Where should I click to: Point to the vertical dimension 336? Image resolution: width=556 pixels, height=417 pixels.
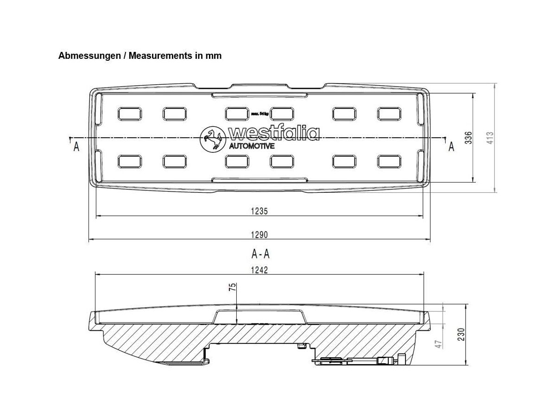pos(468,138)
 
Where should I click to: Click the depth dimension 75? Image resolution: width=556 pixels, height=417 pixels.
pos(233,287)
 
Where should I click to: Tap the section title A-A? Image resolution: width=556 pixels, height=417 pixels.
pos(260,253)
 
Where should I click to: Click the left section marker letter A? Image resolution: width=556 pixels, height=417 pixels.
pos(76,147)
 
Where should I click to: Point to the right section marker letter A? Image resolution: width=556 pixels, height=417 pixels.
pos(451,147)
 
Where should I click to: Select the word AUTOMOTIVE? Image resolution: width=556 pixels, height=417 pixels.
pos(252,146)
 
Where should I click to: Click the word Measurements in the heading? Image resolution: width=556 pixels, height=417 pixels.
pos(157,56)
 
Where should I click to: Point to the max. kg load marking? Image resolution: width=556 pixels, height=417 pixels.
pos(260,113)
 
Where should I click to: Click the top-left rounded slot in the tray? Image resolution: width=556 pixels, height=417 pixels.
pos(130,114)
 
